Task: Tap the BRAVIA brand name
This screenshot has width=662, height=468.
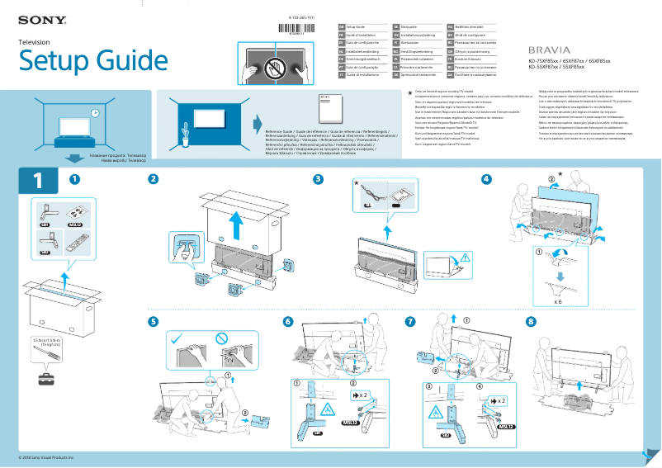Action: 549,50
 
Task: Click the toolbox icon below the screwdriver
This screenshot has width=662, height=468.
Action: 44,379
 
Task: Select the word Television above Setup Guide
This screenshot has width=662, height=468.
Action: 34,41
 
